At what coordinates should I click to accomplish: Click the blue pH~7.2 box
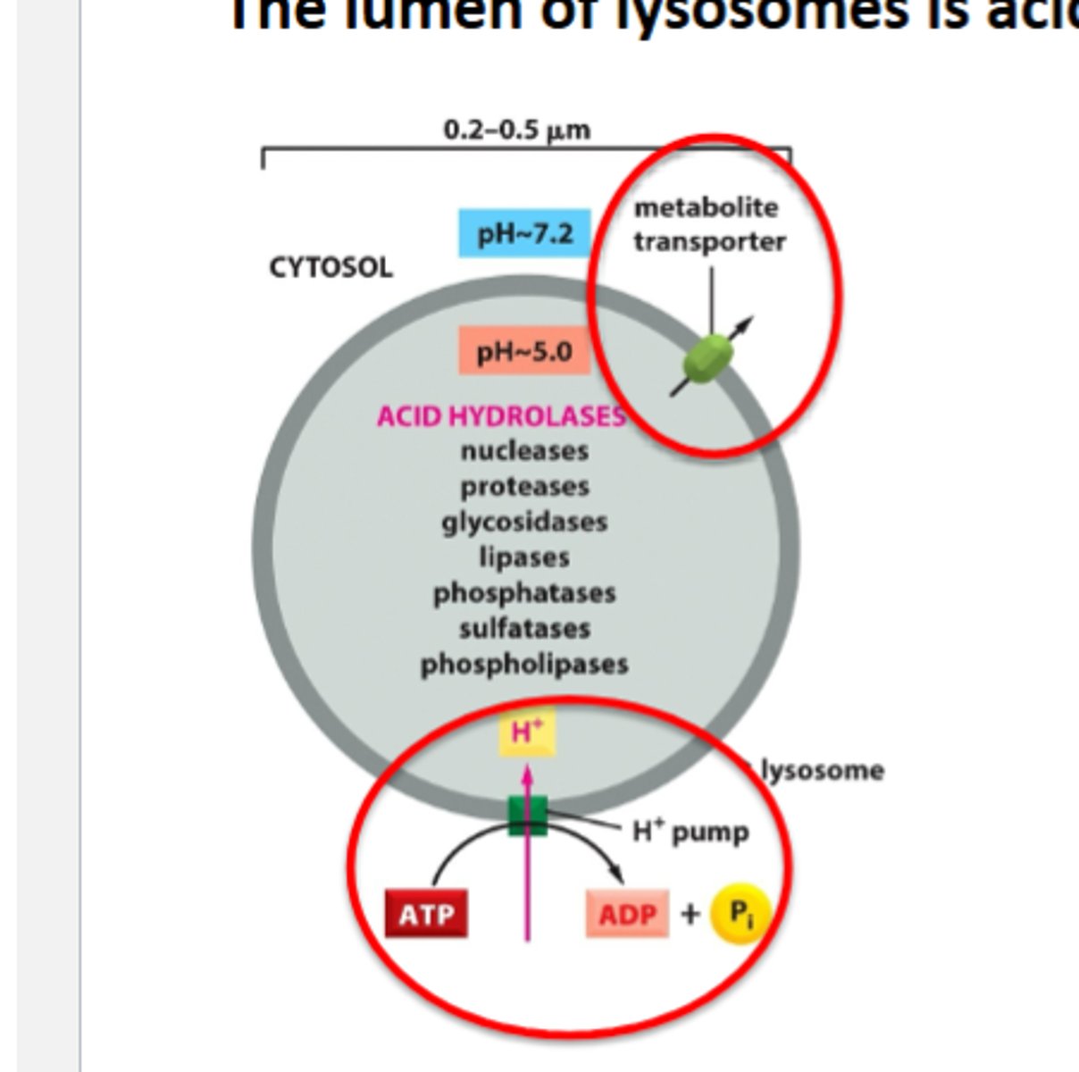[524, 233]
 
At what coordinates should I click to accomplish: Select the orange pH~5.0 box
[524, 351]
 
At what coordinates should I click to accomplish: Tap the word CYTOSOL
[330, 267]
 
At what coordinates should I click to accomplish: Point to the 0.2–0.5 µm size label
[517, 130]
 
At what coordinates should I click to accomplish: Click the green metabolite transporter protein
[709, 358]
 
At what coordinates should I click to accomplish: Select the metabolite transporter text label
[708, 224]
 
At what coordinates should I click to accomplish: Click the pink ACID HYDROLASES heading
[501, 416]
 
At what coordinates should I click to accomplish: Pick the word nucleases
[524, 451]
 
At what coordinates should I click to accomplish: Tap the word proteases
[524, 487]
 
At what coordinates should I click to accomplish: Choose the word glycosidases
[524, 522]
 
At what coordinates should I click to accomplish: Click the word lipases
[524, 557]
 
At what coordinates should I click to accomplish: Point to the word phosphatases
[524, 593]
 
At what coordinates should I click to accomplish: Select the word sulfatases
[524, 629]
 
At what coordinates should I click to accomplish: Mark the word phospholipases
[524, 665]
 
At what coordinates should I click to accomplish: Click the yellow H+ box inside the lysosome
[527, 733]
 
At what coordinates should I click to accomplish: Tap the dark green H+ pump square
[527, 816]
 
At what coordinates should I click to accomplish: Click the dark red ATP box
[426, 914]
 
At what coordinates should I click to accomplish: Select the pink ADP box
[627, 914]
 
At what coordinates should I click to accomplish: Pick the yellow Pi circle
[740, 913]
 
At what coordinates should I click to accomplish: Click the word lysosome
[822, 770]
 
